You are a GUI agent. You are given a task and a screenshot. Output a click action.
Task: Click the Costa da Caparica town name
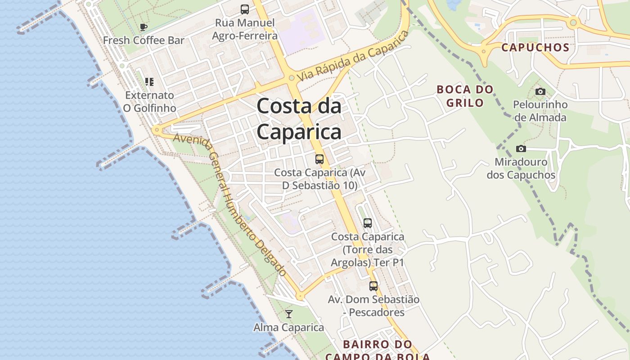tap(299, 119)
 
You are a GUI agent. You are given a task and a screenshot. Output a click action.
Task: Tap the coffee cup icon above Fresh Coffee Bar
tap(144, 27)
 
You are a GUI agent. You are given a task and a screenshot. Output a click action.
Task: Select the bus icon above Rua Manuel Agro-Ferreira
tap(245, 9)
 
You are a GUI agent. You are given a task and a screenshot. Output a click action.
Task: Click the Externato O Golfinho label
tap(149, 102)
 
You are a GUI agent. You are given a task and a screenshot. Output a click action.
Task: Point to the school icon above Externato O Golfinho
tap(149, 82)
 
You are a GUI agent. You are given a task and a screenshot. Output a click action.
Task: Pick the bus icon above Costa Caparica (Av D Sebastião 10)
tap(319, 159)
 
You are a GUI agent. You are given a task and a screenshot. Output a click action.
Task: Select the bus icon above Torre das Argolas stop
tap(368, 223)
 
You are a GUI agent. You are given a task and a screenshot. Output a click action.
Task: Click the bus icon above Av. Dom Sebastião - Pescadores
tap(373, 286)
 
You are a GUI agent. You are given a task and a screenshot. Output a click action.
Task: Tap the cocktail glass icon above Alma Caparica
tap(289, 314)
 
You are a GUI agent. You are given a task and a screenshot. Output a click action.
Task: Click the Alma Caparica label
tap(288, 327)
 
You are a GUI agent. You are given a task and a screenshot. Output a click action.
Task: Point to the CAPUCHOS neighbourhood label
tap(535, 47)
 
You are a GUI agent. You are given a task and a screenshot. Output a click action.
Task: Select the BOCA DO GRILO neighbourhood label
tap(465, 96)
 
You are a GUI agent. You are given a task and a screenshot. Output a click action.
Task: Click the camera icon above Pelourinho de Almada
tap(540, 91)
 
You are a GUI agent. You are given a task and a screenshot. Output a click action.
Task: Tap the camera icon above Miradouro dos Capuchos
tap(521, 148)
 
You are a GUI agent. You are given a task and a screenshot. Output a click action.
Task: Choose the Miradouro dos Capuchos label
tap(521, 168)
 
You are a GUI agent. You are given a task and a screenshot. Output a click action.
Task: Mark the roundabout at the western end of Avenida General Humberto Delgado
tap(157, 130)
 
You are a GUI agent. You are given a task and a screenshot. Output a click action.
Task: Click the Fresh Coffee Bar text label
tap(144, 40)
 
